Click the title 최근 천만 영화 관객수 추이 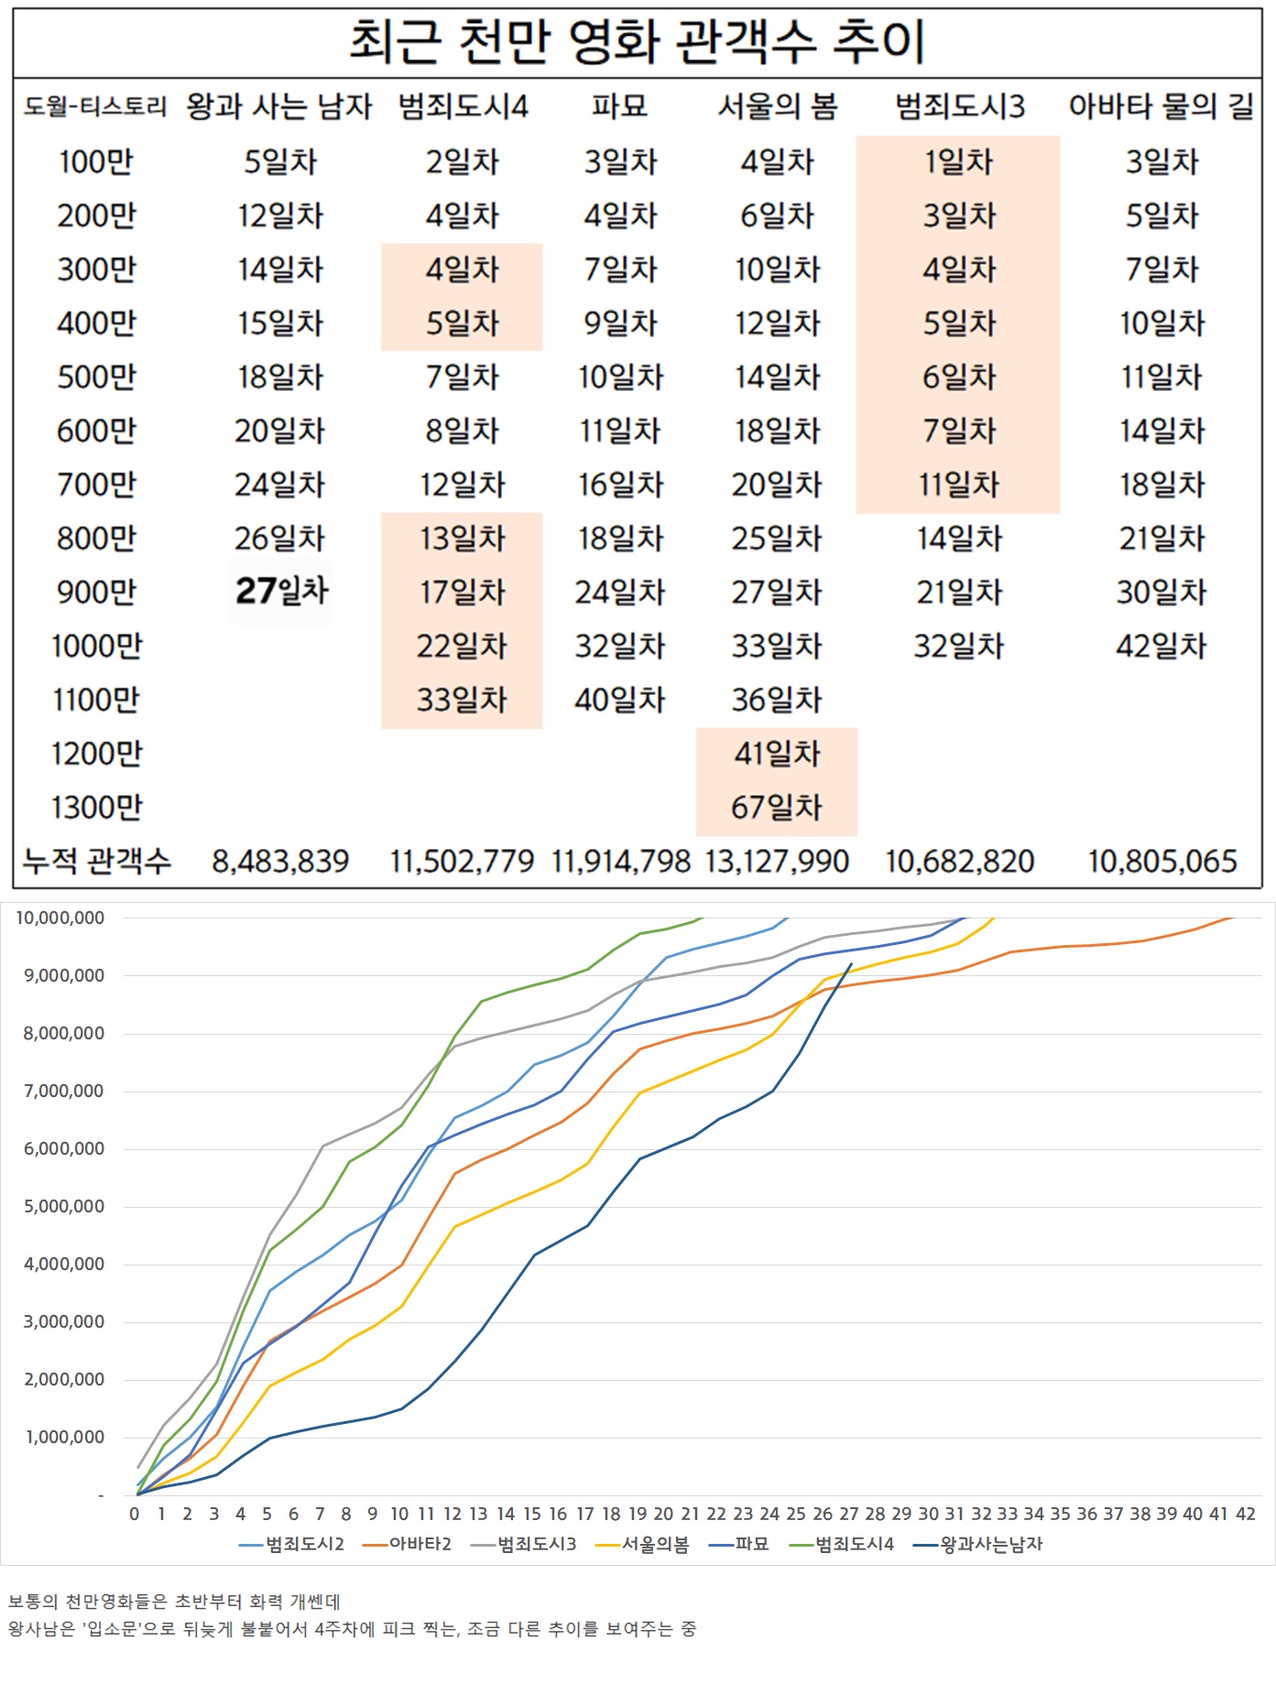coord(637,42)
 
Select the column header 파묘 coord(619,106)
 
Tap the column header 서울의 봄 coord(777,106)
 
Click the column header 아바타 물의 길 coord(1161,106)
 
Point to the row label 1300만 coord(96,808)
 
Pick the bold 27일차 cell coord(280,592)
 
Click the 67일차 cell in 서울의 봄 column coord(776,808)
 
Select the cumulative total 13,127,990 coord(777,862)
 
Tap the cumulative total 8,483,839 coord(280,862)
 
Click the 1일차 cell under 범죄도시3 coord(958,162)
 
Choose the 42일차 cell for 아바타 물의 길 coord(1161,646)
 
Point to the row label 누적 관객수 coord(96,862)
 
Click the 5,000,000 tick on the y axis coord(64,1207)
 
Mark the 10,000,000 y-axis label coord(60,918)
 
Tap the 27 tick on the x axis coord(849,1514)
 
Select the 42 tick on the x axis coord(1245,1514)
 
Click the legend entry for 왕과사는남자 coord(991,1544)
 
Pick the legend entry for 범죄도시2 coord(304,1544)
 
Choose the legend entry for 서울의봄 coord(655,1544)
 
